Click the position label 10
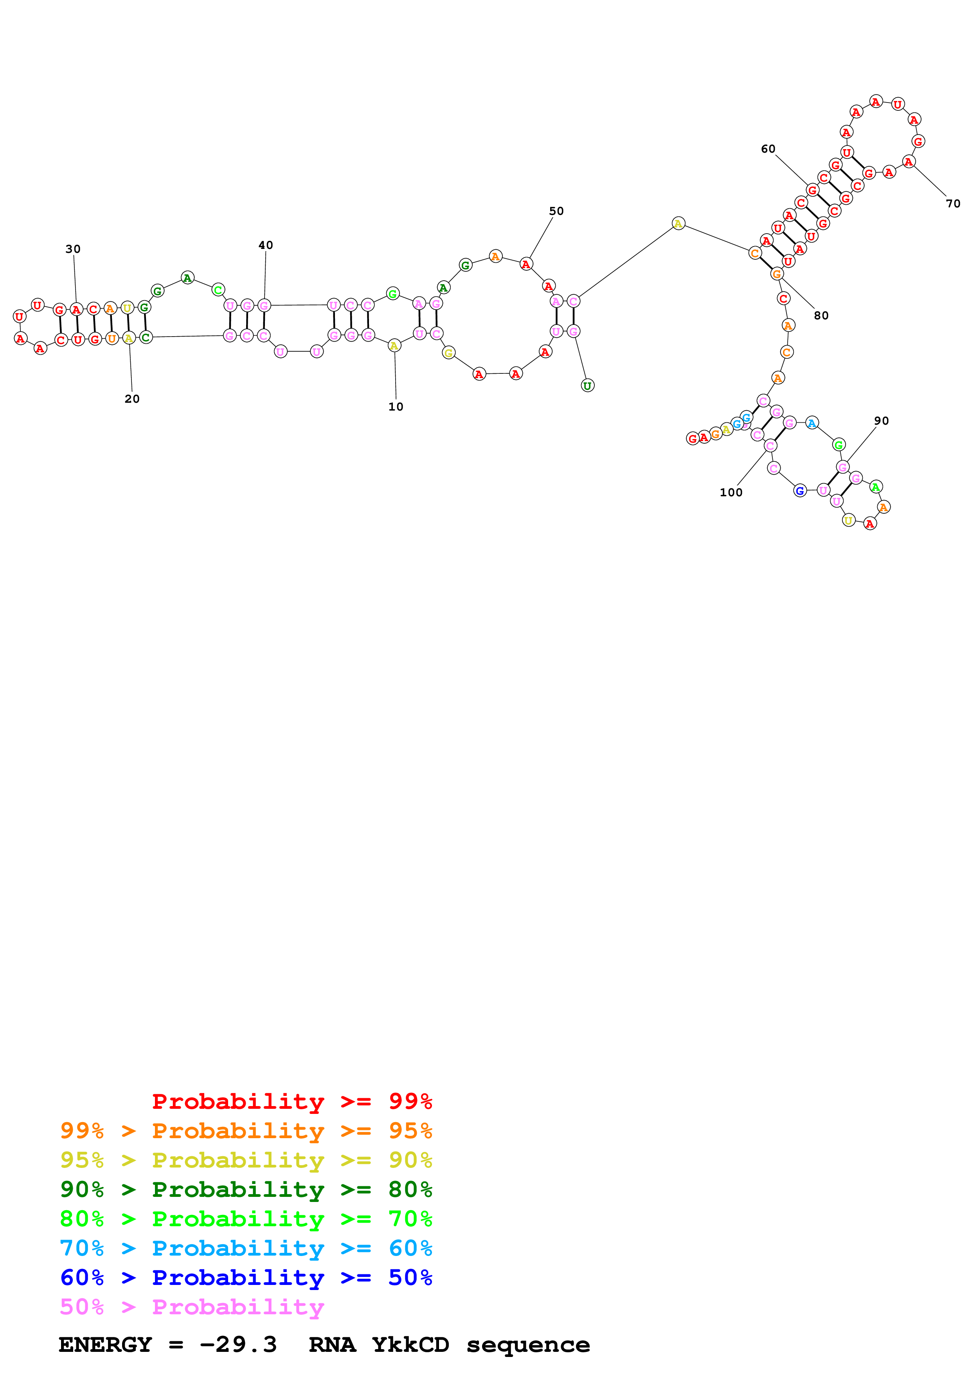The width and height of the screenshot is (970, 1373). click(x=396, y=407)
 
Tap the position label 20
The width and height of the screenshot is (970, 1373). click(x=132, y=399)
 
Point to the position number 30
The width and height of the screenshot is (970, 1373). click(x=73, y=249)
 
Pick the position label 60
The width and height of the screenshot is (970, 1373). click(x=768, y=149)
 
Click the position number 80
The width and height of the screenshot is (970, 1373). click(x=821, y=316)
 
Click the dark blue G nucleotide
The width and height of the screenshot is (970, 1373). click(x=800, y=491)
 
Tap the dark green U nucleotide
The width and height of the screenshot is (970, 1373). click(x=587, y=386)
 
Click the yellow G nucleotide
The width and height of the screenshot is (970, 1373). click(x=448, y=353)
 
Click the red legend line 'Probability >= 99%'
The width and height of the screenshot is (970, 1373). click(x=292, y=1101)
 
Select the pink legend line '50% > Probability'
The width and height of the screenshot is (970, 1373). click(x=192, y=1307)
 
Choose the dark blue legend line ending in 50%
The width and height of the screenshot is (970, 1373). click(x=246, y=1278)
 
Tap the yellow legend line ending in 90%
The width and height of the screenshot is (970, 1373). click(x=246, y=1160)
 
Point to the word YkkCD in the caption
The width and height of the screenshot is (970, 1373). click(x=410, y=1345)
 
